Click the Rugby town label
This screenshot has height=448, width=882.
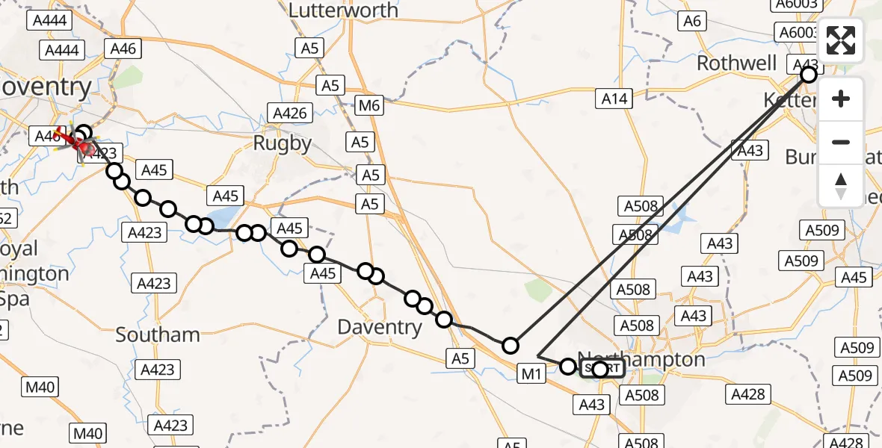[x=281, y=143]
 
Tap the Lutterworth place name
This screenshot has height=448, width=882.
[x=343, y=10]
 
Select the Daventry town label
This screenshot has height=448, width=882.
[x=380, y=327]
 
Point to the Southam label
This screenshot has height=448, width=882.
[x=158, y=334]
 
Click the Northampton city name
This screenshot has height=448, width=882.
[x=641, y=358]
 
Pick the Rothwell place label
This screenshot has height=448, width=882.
[x=736, y=63]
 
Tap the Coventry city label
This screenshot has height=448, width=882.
[x=45, y=87]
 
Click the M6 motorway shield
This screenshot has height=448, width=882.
[x=369, y=106]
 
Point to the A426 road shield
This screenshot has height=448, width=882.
[x=289, y=113]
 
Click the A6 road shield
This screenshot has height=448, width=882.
[x=692, y=21]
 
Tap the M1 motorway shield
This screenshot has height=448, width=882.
[x=531, y=373]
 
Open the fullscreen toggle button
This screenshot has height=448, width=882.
[x=841, y=40]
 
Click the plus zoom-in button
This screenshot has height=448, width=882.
[x=841, y=99]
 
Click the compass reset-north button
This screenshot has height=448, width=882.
[x=841, y=185]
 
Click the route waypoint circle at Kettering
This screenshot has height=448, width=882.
[x=808, y=75]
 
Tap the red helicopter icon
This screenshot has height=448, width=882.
[x=77, y=142]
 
